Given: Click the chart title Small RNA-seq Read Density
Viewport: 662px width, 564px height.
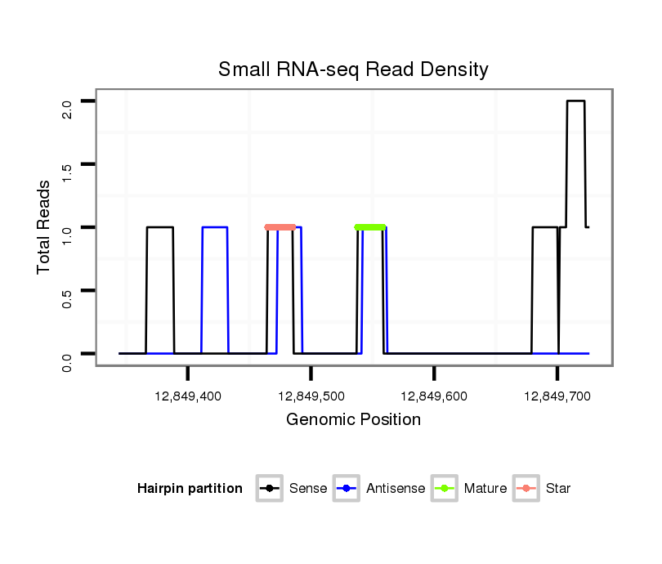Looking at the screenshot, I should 353,69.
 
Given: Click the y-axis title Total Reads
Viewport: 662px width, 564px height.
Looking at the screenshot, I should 46,227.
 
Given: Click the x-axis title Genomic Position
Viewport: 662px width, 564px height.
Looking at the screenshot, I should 353,420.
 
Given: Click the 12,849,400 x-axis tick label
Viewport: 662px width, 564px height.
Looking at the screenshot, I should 188,396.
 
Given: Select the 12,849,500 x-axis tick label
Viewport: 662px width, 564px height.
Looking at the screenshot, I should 311,396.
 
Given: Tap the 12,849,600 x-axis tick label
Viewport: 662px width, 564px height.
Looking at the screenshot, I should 434,396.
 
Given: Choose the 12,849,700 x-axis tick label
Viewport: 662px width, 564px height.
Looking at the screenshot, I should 557,396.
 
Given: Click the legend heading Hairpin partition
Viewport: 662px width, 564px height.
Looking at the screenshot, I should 190,489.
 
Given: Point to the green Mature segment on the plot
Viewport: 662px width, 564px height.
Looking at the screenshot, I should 370,227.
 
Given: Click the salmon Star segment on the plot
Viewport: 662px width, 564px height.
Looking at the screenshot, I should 280,227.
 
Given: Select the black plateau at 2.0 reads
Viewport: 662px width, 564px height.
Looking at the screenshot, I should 576,101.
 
